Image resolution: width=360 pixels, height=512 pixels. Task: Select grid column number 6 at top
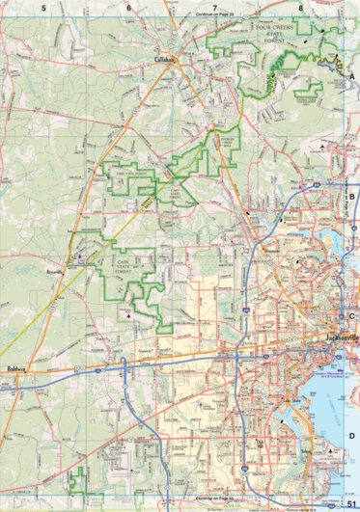(x=128, y=7)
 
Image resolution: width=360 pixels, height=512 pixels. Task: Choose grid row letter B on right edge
(x=353, y=195)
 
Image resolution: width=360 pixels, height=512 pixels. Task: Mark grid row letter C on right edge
(x=353, y=315)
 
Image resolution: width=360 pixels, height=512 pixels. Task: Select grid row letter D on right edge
(x=353, y=435)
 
